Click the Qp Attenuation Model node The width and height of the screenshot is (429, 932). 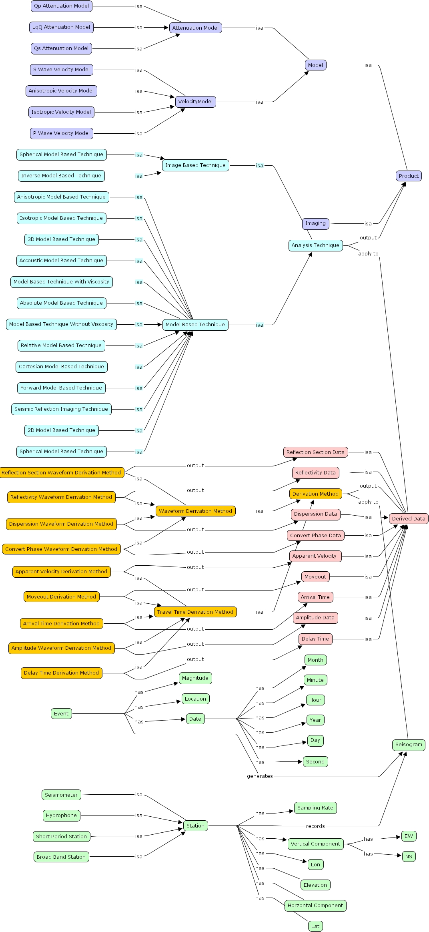61,6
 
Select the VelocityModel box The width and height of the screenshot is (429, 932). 195,102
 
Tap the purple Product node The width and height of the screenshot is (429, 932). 408,176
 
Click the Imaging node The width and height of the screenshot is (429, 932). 315,223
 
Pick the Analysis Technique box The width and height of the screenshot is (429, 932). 315,245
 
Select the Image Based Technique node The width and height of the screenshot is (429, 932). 195,165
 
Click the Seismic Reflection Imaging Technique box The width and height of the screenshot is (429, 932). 61,409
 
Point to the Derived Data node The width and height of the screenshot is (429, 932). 408,518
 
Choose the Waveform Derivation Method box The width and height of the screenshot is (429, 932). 195,511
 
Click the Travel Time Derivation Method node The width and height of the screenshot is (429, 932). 195,612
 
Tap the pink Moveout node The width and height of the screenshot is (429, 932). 315,577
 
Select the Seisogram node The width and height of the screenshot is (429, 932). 408,745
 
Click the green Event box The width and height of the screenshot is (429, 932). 61,713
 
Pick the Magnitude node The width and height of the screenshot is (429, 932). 195,678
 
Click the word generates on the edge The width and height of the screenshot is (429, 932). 260,776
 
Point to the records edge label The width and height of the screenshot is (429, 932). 315,826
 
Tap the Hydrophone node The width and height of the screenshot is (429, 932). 61,815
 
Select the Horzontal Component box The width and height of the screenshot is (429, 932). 315,905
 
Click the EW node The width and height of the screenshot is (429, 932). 409,836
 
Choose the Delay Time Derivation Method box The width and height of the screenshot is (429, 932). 61,673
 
